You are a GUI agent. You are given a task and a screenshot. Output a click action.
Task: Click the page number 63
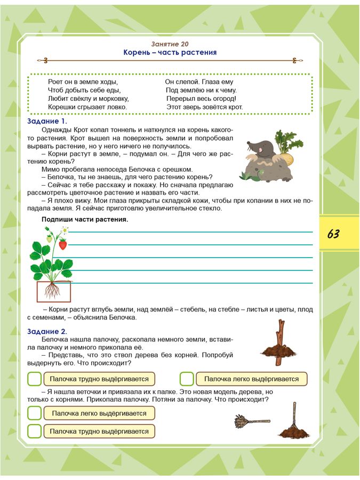333,234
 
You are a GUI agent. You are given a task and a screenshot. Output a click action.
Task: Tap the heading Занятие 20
170,44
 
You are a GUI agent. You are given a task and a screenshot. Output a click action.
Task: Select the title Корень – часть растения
170,53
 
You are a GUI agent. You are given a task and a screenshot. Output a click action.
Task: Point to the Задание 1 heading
47,121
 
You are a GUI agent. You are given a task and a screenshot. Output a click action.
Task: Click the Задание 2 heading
47,331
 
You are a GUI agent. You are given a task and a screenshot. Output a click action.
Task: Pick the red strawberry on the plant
63,244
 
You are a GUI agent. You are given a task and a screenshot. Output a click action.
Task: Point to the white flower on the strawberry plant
65,230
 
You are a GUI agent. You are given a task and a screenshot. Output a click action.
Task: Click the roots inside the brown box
53,291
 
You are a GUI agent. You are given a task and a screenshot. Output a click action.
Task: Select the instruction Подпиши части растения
84,219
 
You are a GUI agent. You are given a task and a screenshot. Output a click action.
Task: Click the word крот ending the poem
235,107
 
